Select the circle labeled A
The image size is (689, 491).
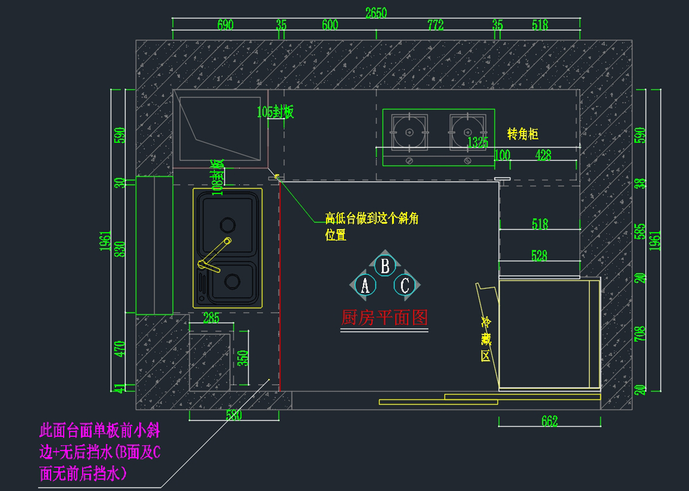pyautogui.click(x=365, y=284)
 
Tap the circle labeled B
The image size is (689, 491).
pyautogui.click(x=385, y=266)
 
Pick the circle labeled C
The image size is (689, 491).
pyautogui.click(x=405, y=285)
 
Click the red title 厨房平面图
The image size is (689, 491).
pyautogui.click(x=385, y=317)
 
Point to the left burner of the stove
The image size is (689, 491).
pyautogui.click(x=409, y=132)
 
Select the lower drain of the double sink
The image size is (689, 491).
pyautogui.click(x=232, y=281)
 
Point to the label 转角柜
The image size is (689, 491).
pyautogui.click(x=522, y=134)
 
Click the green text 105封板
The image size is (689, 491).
pyautogui.click(x=275, y=112)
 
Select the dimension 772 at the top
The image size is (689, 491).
pyautogui.click(x=435, y=25)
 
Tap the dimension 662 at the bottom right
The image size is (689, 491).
pyautogui.click(x=549, y=422)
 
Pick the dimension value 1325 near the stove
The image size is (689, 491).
pyautogui.click(x=478, y=142)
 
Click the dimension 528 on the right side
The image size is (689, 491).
pyautogui.click(x=539, y=256)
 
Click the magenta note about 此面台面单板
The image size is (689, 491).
pyautogui.click(x=100, y=452)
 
